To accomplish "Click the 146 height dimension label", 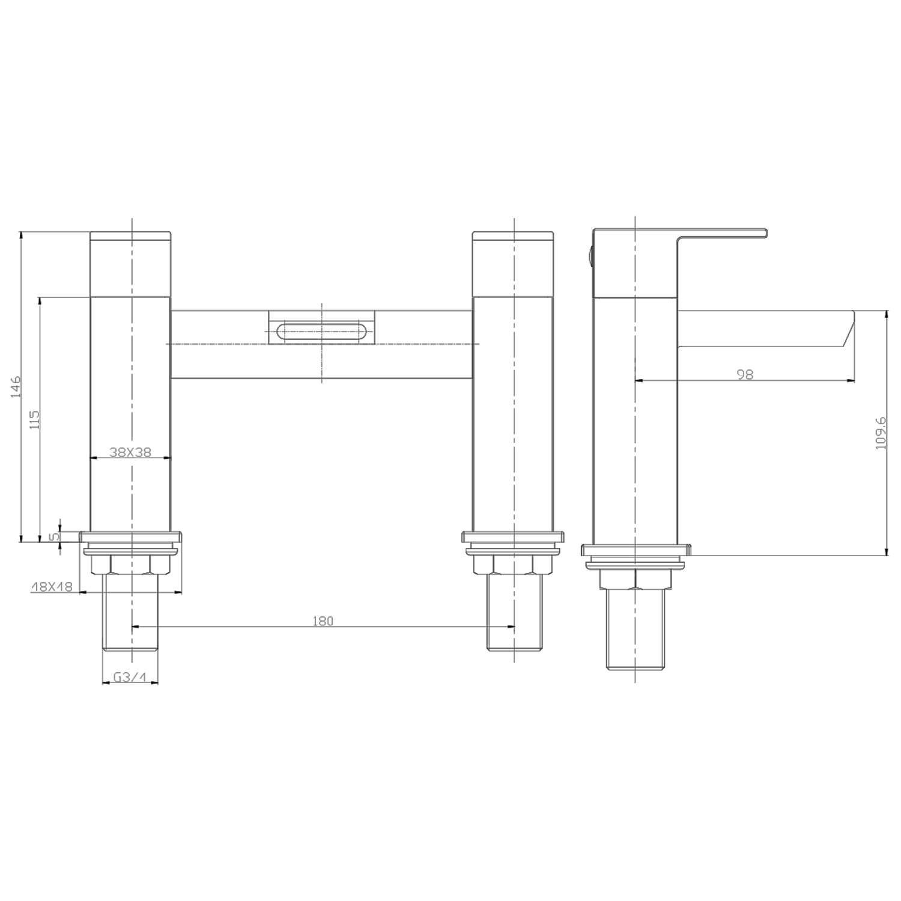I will pos(16,387).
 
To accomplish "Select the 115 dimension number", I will pos(34,419).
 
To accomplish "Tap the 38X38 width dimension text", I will pos(130,452).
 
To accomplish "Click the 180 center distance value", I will pos(323,621).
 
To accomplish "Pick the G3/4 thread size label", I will pos(130,678).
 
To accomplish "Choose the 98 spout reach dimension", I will pos(745,374).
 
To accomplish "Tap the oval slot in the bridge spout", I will pos(322,332).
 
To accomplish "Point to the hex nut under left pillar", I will pos(130,565).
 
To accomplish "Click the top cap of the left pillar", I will pos(130,264).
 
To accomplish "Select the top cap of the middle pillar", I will pos(512,264).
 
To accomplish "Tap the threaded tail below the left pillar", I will pos(130,613).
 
